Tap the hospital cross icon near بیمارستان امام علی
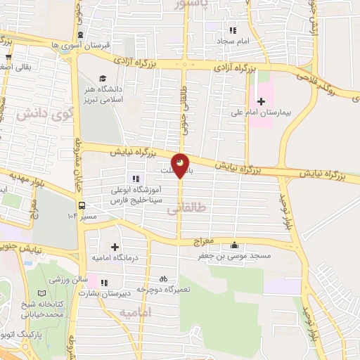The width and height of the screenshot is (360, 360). click(x=261, y=101)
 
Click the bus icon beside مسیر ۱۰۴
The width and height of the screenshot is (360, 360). click(x=83, y=206)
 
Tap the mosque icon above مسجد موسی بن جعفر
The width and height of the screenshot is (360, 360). click(x=235, y=245)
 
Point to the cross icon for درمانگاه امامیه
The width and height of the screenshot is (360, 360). click(x=115, y=246)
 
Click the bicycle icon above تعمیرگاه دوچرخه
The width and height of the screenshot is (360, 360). click(x=164, y=278)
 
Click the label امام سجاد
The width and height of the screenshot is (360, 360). click(x=239, y=41)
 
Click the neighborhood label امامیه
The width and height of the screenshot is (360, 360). click(x=136, y=312)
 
